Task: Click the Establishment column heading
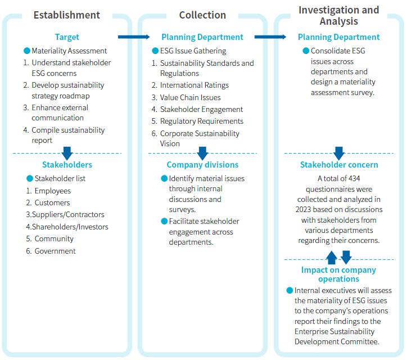67,15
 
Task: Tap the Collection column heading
202,15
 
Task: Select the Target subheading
67,37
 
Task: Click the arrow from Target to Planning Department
134,37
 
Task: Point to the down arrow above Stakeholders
67,153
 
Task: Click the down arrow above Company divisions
202,153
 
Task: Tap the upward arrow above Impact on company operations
332,258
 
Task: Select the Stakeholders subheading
67,165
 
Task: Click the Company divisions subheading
202,165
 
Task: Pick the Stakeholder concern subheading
339,165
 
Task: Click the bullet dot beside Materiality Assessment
27,51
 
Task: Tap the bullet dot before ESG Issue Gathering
155,51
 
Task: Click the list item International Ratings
195,85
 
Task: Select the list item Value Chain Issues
190,97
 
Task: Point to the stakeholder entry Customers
52,202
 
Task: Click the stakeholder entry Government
55,251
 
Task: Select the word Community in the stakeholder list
54,238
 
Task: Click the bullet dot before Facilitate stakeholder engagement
164,221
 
